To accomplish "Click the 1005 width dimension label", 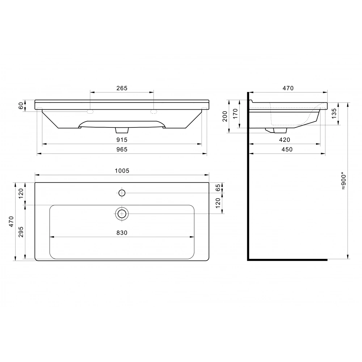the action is [122, 171].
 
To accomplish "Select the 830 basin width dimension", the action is [122, 233].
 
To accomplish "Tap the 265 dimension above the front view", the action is [122, 88].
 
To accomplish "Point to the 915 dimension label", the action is [122, 140].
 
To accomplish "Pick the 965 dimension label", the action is [122, 150].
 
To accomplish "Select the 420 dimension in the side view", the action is [285, 140].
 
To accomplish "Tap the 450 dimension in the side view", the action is [287, 150].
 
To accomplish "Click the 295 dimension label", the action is [21, 232].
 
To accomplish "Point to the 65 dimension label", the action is [218, 188].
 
